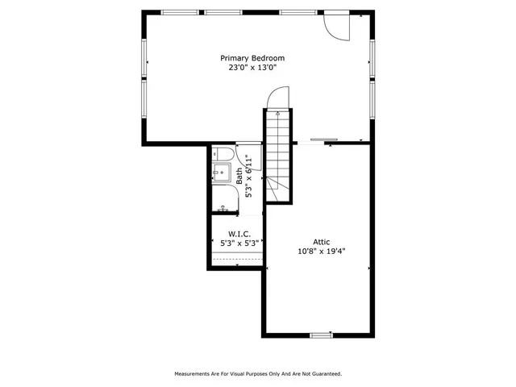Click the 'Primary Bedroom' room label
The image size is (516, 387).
point(252,58)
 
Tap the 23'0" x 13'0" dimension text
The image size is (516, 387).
point(252,68)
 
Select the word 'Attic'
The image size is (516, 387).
point(322,240)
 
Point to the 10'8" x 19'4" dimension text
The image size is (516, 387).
point(322,250)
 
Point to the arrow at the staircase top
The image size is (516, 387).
point(277,115)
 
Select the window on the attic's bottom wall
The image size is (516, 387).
point(321,335)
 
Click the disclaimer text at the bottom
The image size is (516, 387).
point(258,373)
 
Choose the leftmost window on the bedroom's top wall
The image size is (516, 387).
point(180,13)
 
